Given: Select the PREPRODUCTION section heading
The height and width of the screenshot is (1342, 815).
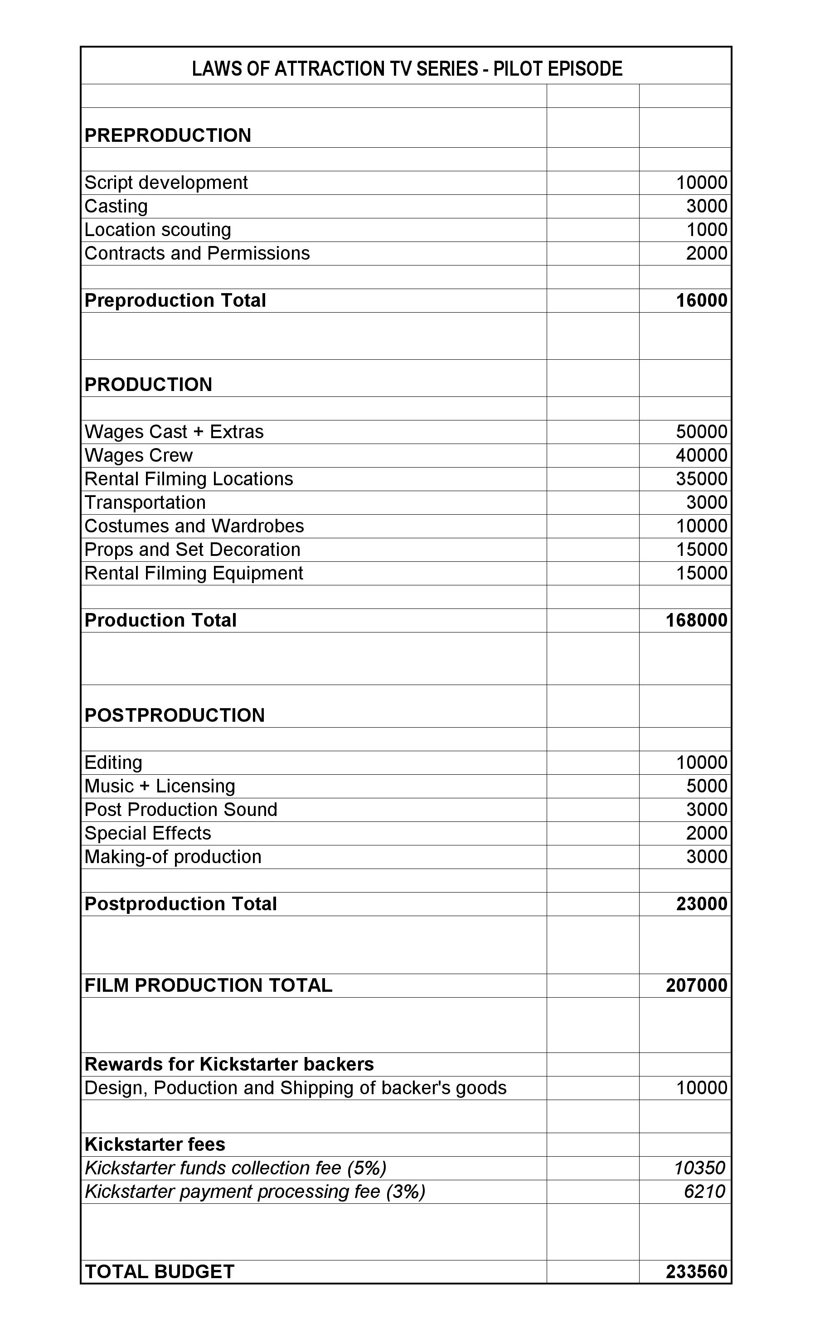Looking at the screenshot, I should click(167, 135).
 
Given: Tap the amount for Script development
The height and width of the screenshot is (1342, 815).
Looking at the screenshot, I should click(701, 183).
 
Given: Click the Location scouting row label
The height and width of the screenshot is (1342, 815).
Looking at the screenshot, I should click(157, 230).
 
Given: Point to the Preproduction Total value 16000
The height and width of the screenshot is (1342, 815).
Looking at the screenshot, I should click(701, 301).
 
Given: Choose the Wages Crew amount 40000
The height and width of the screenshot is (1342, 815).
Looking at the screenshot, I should click(701, 455).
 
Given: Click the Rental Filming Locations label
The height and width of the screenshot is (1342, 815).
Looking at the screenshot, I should click(189, 479).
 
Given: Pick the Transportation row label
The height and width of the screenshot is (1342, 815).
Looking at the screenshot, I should click(145, 502).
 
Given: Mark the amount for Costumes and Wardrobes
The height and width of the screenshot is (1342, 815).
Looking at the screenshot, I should click(701, 526).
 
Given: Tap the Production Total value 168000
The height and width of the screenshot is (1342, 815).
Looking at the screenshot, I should click(696, 620).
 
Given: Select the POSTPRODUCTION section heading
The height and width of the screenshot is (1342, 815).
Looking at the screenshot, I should click(175, 715).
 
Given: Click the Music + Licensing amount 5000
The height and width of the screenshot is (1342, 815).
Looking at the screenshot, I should click(706, 786).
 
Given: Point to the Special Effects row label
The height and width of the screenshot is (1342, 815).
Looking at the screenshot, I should click(148, 833).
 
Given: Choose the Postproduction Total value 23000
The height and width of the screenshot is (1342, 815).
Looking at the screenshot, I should click(701, 904).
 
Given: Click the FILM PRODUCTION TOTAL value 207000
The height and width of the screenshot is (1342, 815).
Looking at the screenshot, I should click(696, 986).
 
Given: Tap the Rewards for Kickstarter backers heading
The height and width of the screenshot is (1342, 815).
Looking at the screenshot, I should click(229, 1064).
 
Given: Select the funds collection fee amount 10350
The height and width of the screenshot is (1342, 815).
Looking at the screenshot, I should click(699, 1168).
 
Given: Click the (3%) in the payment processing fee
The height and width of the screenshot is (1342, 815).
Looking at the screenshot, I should click(405, 1192).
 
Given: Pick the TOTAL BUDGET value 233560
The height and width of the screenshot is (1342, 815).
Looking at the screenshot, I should click(696, 1272).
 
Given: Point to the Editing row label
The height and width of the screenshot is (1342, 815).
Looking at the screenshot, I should click(113, 763).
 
